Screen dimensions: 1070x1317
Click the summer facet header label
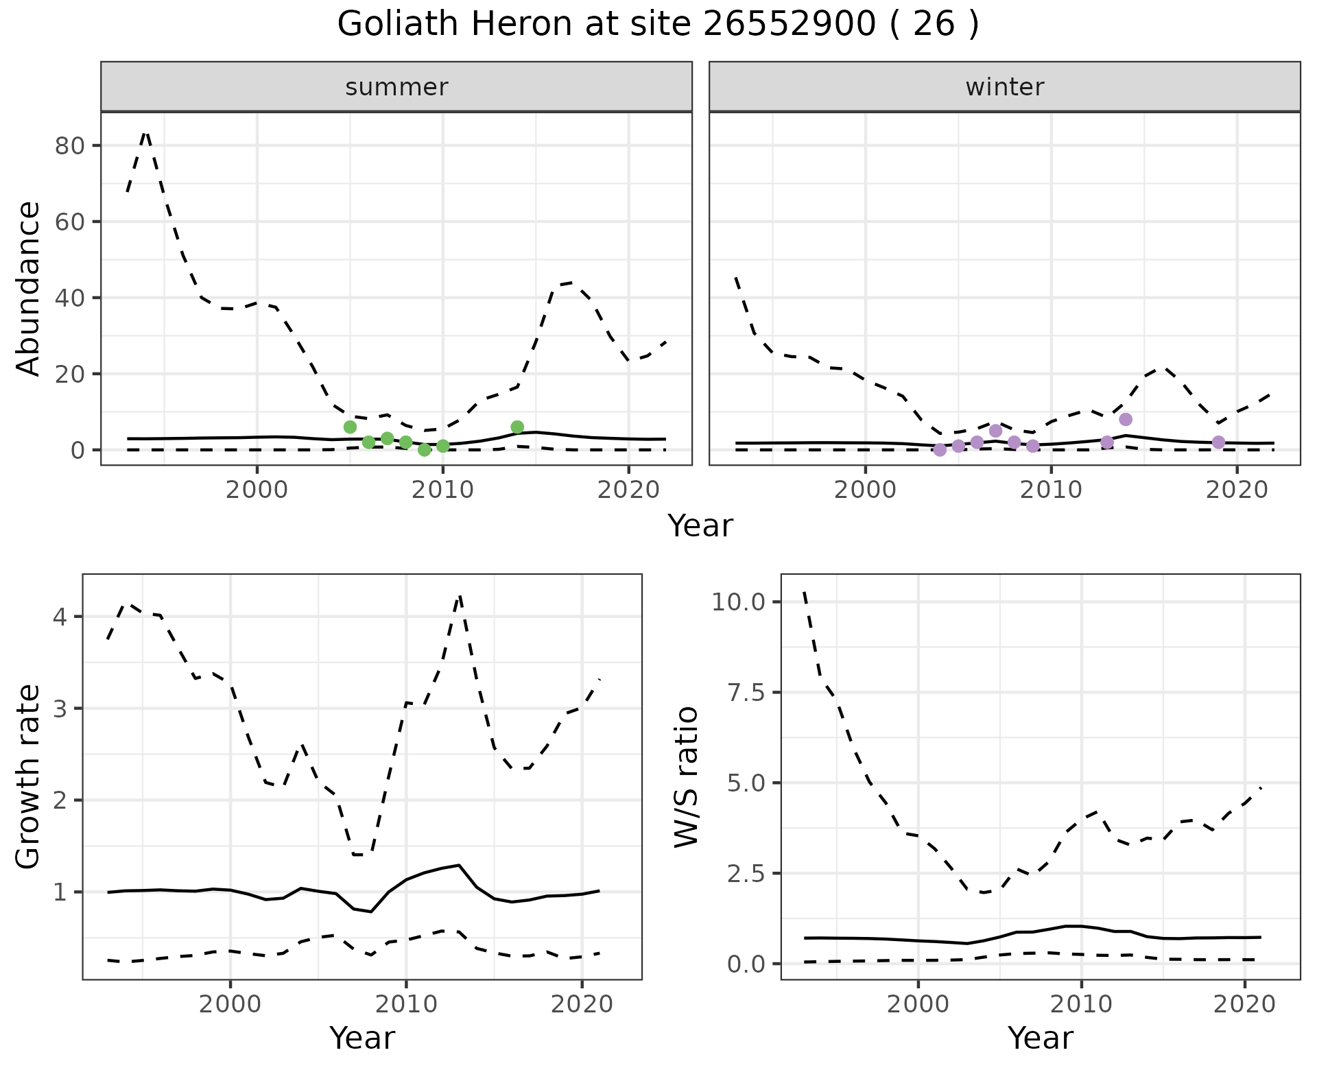396,87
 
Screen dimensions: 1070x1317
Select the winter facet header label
1004,87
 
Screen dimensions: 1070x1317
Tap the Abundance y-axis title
29,288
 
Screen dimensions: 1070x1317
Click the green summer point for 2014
517,427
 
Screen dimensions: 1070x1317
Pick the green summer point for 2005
350,427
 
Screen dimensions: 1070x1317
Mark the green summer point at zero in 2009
424,450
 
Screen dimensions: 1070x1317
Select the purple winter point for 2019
1218,442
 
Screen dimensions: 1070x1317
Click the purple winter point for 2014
1126,419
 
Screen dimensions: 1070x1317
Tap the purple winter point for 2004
940,450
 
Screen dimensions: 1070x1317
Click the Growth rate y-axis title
29,777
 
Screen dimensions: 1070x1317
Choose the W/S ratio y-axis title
687,777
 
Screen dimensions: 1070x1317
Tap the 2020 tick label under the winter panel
1237,490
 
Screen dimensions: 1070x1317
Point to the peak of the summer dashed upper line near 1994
145,132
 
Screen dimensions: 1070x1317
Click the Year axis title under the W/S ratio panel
1040,1038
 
